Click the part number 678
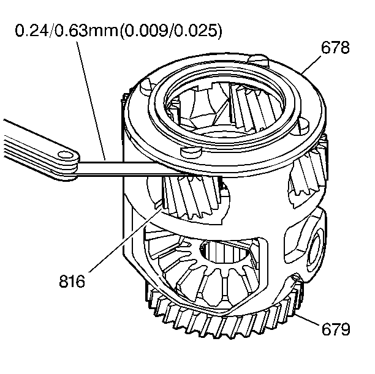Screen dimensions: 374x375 tap(335, 48)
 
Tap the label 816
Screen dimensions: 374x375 tap(72, 283)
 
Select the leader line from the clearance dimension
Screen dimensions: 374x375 tap(92, 98)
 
